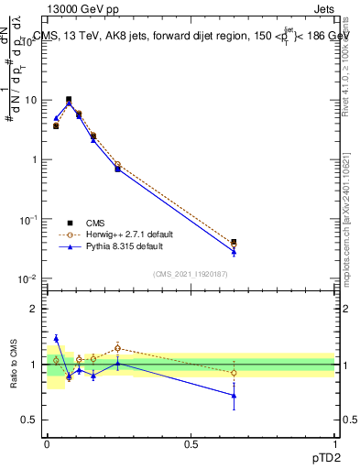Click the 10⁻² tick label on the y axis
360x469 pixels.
click(27, 279)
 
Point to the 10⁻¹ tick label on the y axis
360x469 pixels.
click(27, 220)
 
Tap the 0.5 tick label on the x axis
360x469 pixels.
click(191, 444)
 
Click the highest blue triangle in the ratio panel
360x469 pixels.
click(56, 338)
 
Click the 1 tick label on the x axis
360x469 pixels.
click(335, 444)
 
